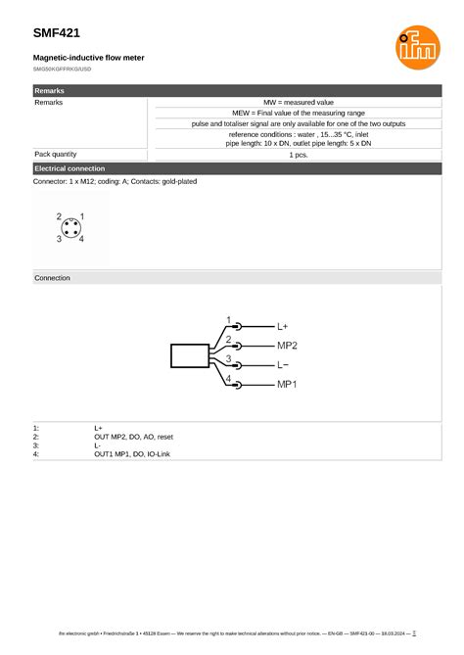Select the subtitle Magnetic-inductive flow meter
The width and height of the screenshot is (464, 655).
[89, 58]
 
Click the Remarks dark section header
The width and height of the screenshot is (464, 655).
[50, 90]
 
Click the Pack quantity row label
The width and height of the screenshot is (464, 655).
[56, 155]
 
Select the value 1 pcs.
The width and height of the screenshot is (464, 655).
[299, 155]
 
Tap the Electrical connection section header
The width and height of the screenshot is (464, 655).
[70, 168]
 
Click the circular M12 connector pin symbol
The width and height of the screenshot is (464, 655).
[70, 227]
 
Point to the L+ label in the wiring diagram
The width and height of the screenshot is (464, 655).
[283, 326]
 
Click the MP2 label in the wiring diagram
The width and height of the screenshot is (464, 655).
[287, 346]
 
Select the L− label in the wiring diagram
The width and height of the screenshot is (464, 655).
[283, 364]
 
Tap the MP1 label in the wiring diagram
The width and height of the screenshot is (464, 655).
[287, 384]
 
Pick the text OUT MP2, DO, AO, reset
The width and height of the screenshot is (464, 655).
[133, 437]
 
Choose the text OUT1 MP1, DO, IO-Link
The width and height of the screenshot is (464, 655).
[132, 454]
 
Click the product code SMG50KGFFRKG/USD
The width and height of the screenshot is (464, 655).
[63, 70]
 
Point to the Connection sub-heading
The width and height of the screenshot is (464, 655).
[53, 278]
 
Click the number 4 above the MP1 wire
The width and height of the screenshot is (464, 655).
[229, 378]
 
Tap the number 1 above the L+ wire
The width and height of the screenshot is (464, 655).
[229, 320]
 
